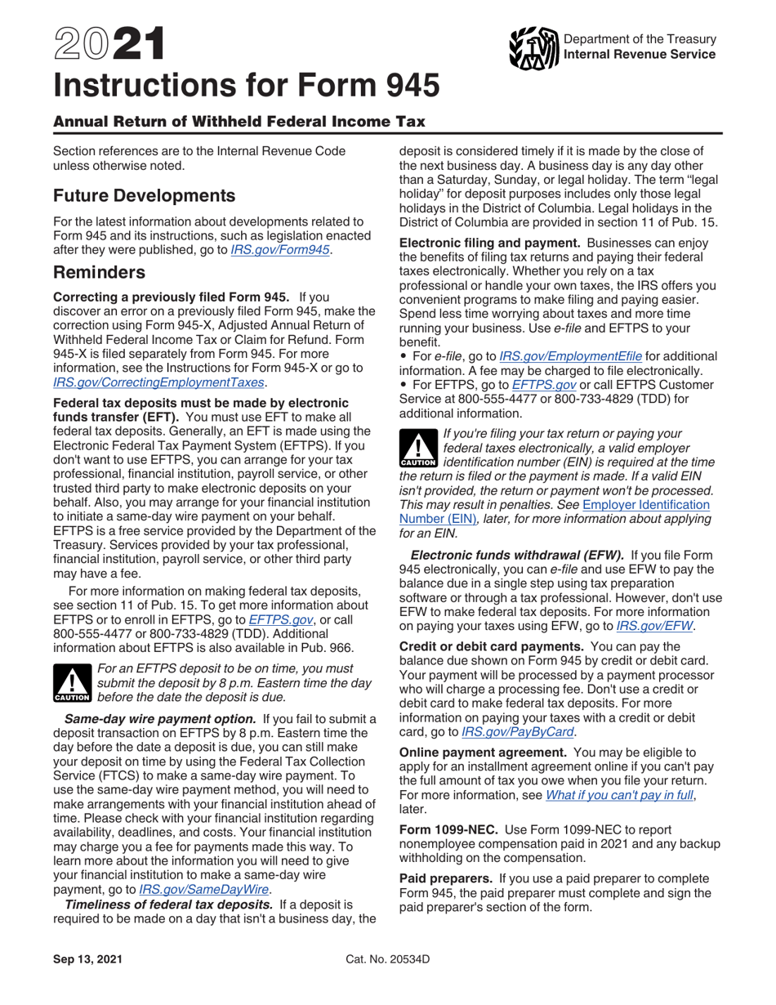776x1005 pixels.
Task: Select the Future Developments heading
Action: [144, 196]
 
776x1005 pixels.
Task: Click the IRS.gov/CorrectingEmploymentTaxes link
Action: [158, 382]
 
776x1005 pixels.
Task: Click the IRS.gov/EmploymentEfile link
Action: [570, 356]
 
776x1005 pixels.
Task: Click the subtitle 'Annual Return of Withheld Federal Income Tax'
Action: [239, 122]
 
